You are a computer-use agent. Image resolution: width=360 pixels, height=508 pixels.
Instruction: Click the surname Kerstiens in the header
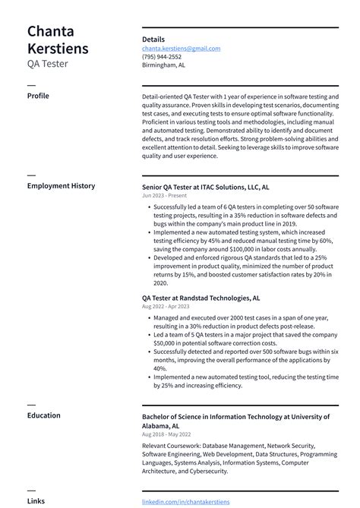pos(58,49)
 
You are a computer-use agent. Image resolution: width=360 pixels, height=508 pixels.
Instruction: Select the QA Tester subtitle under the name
pos(47,64)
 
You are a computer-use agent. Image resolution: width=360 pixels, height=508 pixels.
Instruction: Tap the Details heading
pos(153,39)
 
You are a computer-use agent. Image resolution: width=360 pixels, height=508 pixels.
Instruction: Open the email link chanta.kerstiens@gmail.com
pos(181,48)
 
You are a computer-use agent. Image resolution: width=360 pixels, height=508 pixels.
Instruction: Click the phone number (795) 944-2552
pos(162,56)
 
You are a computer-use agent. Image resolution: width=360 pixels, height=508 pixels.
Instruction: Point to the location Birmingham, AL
pos(163,65)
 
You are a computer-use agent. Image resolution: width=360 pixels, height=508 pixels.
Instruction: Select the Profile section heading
pos(39,96)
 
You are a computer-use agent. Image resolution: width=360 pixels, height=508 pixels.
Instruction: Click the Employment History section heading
pos(61,185)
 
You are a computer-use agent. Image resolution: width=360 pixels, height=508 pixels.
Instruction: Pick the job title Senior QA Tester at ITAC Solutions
pos(205,186)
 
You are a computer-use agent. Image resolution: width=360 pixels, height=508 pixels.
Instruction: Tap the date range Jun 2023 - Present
pos(163,195)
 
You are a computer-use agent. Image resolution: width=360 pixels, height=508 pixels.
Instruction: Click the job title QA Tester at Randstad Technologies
pos(201,298)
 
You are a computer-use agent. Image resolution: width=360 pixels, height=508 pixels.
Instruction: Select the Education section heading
pos(44,415)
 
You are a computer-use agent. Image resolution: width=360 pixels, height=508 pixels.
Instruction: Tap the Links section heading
pos(36,501)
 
